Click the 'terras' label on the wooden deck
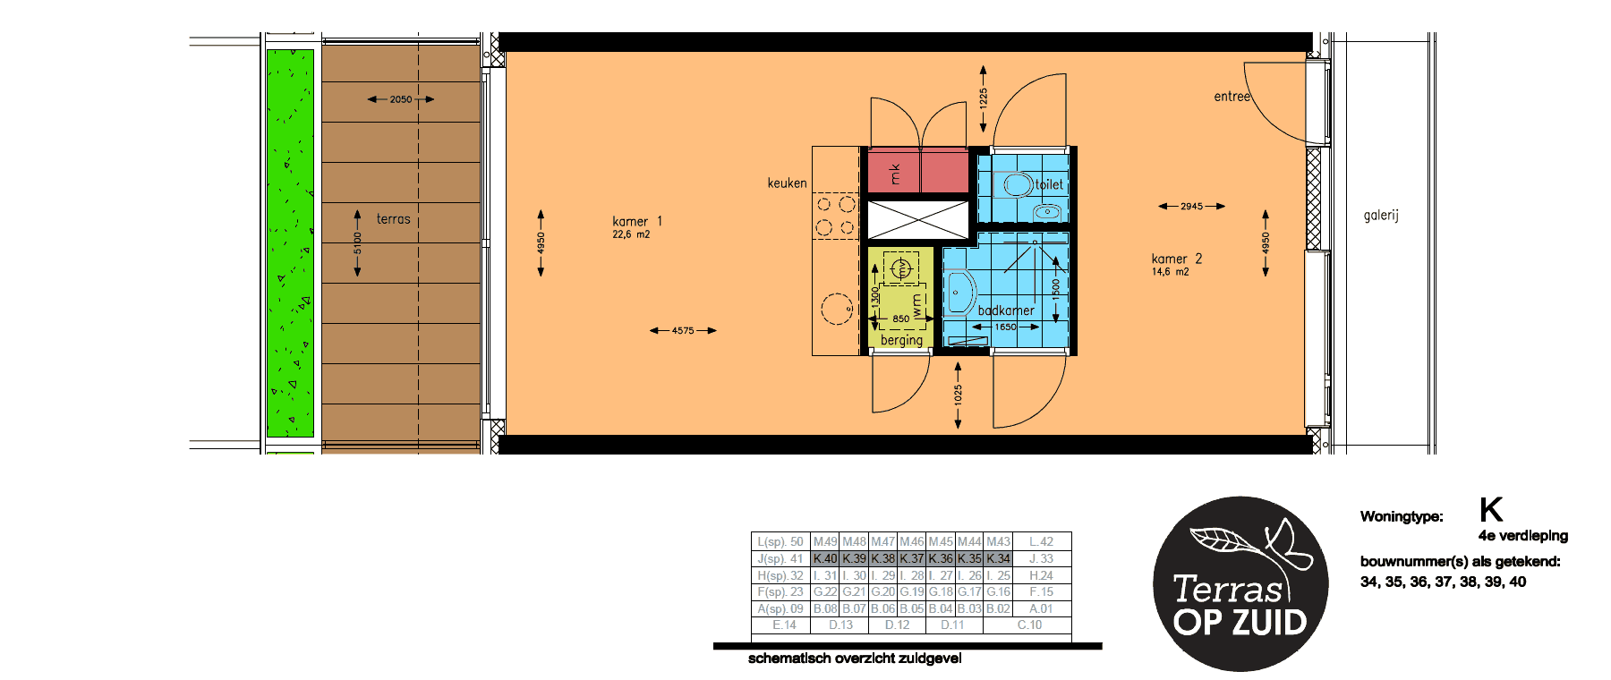[393, 219]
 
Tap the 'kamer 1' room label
[637, 222]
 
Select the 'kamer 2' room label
[1176, 259]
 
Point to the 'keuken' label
[787, 183]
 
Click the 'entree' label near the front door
[1232, 97]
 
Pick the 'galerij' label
[1380, 216]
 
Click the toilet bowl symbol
[1017, 185]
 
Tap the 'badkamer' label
[1006, 310]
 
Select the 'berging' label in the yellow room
[901, 340]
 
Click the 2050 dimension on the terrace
[401, 99]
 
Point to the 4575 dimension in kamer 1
[683, 331]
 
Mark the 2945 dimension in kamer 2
[1191, 207]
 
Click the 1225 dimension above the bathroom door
[984, 98]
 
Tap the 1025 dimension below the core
[959, 394]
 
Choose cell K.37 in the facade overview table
[912, 558]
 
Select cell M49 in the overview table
[825, 541]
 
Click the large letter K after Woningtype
[1490, 510]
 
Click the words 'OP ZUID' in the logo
[1240, 623]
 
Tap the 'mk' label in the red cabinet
[894, 173]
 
